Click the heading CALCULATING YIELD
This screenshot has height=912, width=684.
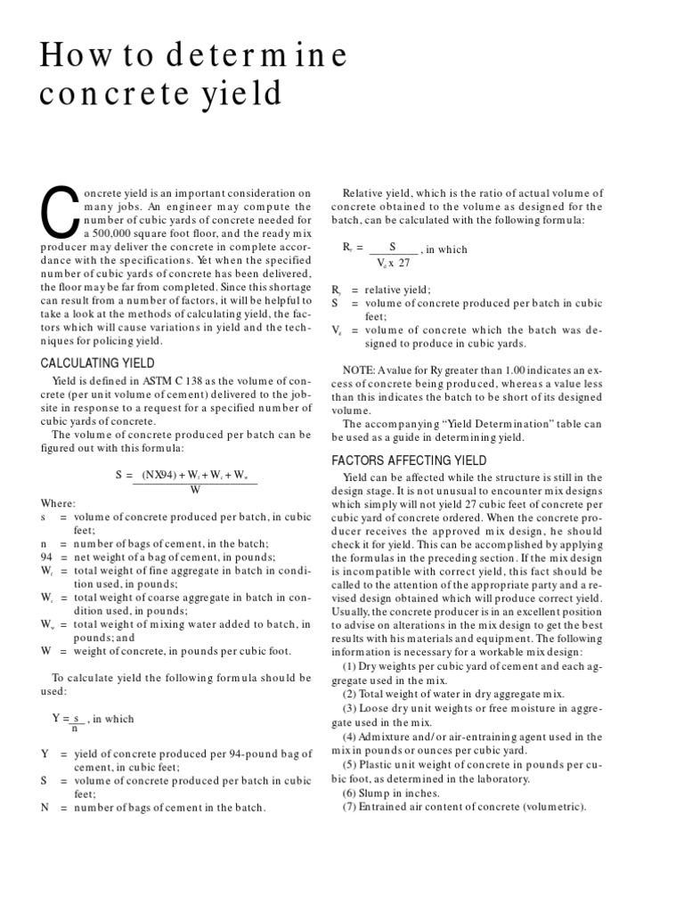98,362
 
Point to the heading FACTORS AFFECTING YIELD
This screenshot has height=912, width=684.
409,460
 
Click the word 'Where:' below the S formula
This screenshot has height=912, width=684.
59,503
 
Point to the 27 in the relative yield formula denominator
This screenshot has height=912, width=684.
403,263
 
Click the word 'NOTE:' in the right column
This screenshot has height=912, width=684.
360,370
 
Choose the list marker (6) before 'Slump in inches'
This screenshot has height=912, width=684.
352,793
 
